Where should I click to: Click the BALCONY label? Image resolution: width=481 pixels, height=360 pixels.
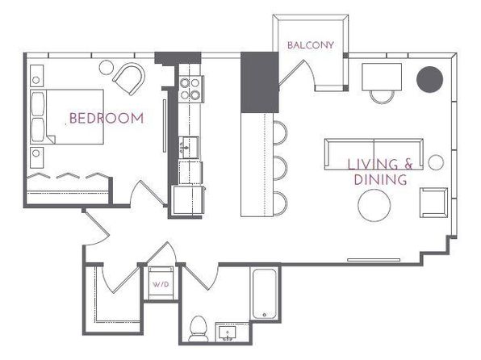311,45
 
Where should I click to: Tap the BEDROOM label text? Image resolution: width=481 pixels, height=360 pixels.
107,118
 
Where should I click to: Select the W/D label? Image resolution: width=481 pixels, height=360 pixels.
161,284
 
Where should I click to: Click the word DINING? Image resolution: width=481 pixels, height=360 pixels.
380,179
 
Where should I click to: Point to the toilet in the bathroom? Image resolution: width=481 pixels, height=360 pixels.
198,329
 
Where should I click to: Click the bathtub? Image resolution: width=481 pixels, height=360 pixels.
265,294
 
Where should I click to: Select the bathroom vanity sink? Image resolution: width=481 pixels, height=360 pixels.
227,333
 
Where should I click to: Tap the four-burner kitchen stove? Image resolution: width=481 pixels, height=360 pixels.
190,89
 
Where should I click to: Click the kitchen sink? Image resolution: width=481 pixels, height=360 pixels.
189,148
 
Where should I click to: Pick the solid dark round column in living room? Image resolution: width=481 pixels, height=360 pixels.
429,79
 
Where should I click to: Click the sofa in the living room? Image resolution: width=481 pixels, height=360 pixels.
374,154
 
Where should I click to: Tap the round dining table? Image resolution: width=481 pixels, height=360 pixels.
374,205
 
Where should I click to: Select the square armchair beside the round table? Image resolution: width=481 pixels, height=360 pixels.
433,203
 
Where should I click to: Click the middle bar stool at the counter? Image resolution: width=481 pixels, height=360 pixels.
280,168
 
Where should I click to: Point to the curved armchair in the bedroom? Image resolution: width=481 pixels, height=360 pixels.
129,79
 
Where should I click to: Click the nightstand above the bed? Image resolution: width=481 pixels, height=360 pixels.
36,76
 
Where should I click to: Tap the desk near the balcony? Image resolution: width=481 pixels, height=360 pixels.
382,77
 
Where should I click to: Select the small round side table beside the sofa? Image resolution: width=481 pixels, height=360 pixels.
436,162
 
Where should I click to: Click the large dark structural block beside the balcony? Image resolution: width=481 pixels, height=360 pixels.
260,82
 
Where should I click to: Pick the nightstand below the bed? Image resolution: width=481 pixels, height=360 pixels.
36,157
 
